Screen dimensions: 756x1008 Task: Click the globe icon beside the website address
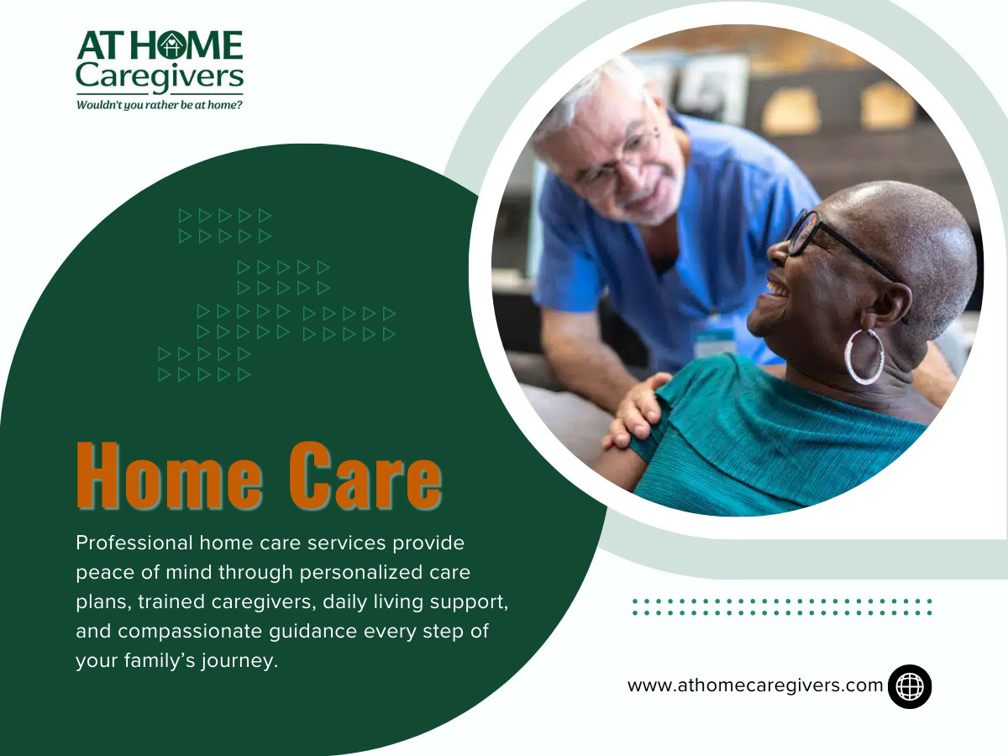[910, 686]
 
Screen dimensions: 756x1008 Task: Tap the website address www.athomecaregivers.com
[755, 685]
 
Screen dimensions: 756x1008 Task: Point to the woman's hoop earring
[864, 356]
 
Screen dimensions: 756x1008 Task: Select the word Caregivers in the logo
[160, 78]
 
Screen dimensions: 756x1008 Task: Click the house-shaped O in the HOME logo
[171, 46]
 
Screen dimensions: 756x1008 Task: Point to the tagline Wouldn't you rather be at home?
[160, 106]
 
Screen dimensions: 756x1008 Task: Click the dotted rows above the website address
[781, 606]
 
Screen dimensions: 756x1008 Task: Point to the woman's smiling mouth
[778, 290]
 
